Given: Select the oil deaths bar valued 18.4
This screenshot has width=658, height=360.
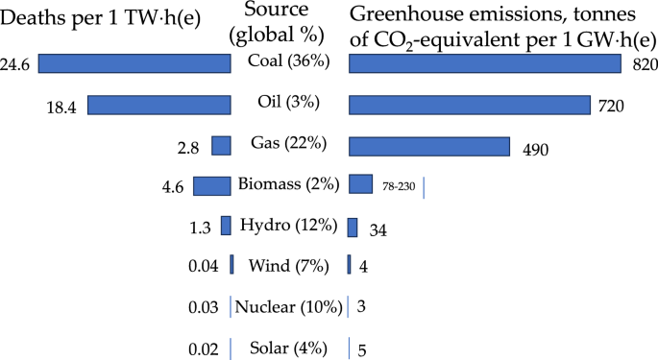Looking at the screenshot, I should click(159, 105).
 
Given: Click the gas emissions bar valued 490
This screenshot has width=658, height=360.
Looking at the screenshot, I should click(428, 145).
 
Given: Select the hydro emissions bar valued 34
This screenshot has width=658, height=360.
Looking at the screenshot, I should click(353, 227).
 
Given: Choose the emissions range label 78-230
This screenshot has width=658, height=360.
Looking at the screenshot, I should click(399, 186).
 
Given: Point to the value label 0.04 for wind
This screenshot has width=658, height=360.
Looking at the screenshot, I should click(202, 267).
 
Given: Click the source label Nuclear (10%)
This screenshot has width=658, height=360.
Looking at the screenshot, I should click(289, 307).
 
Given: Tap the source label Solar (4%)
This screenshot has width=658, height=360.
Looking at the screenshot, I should click(288, 348).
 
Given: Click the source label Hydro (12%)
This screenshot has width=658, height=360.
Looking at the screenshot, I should click(287, 226).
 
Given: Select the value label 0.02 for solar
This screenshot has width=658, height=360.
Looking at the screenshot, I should click(202, 348).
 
